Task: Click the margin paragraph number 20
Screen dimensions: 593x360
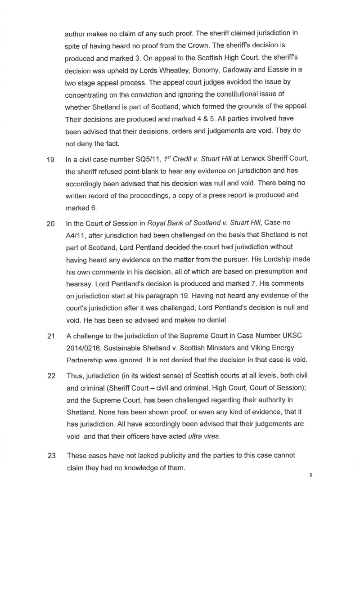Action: (x=51, y=223)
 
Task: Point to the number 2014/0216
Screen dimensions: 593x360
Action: (x=83, y=348)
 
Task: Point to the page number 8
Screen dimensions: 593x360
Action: (x=310, y=475)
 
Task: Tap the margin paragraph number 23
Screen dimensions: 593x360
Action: (x=51, y=455)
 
